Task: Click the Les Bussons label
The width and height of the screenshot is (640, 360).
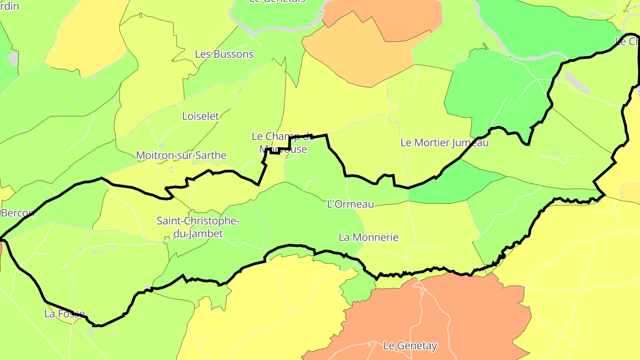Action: click(224, 54)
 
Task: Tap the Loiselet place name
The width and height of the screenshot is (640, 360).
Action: click(201, 116)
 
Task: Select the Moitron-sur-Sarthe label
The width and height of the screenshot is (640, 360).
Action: click(181, 156)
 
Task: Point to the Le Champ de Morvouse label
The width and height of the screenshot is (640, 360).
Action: click(283, 142)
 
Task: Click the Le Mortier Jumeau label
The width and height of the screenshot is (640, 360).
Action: click(444, 143)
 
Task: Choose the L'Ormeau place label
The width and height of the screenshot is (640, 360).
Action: click(350, 204)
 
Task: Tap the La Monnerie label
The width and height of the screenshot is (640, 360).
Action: click(368, 237)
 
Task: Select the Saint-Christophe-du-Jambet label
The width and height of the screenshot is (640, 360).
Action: click(198, 227)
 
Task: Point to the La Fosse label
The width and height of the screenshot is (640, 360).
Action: click(64, 314)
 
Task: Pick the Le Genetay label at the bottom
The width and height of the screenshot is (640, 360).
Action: click(410, 345)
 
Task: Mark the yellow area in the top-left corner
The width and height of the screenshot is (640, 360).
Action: click(84, 36)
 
